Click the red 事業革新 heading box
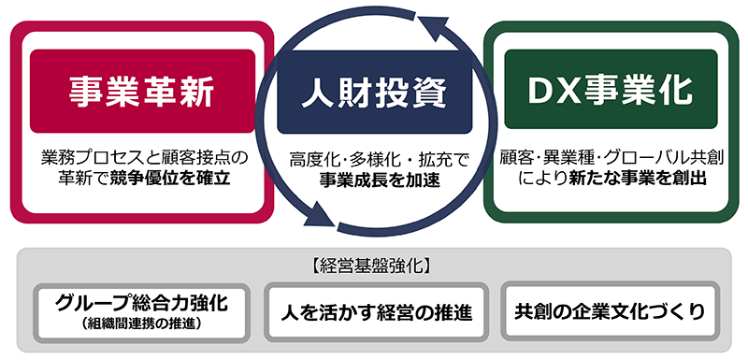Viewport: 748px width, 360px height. click(x=142, y=91)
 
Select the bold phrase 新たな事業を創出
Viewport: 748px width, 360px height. click(x=638, y=176)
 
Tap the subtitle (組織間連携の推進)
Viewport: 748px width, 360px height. click(x=142, y=324)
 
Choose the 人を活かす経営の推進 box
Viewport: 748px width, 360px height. click(x=374, y=311)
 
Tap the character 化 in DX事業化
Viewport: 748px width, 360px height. click(x=672, y=92)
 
